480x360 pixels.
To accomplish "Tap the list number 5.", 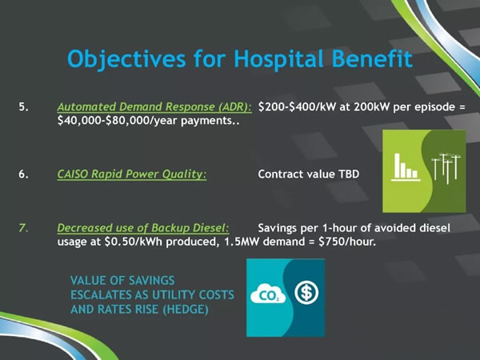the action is click(x=23, y=107).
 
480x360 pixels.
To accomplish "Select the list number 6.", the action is click(x=23, y=174).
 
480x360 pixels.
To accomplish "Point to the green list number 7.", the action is click(x=23, y=228).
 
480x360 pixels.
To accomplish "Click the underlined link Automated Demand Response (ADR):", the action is click(x=154, y=107).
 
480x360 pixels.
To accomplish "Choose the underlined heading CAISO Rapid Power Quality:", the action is click(x=132, y=174).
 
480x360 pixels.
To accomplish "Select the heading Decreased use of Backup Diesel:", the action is click(x=143, y=228).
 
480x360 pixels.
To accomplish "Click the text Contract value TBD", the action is click(x=309, y=174).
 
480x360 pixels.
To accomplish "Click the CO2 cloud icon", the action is click(x=268, y=294).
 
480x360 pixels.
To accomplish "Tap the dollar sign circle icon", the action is click(x=306, y=292).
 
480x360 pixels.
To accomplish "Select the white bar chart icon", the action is click(x=406, y=167).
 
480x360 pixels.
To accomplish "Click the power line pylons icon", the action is click(x=446, y=168).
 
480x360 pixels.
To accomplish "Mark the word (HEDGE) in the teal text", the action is click(x=186, y=310).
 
